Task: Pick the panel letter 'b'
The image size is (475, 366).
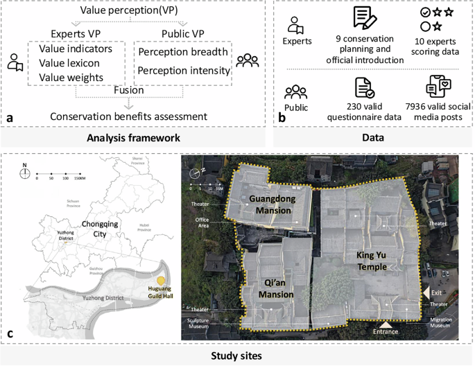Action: coord(281,117)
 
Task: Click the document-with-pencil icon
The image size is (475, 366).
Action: coord(363,18)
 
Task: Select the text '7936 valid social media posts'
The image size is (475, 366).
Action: coord(439,110)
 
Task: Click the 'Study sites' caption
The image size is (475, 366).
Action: coord(238,357)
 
